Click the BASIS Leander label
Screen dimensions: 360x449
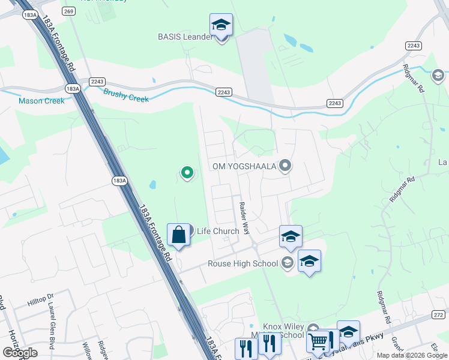[x=185, y=37]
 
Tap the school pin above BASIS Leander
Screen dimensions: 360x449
[x=221, y=25]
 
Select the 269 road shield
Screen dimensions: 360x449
[x=68, y=11]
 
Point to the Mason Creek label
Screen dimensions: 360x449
[x=41, y=101]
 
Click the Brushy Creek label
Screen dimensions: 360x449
[x=126, y=95]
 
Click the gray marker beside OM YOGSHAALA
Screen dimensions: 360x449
[x=286, y=166]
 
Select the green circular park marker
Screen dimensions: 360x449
[x=187, y=173]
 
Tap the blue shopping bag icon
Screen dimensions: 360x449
[x=179, y=235]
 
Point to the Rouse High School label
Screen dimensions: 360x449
[x=243, y=263]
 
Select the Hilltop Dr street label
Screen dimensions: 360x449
[x=41, y=300]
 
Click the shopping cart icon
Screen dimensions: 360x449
[x=317, y=341]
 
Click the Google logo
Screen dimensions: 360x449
[x=20, y=353]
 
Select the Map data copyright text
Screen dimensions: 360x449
[x=411, y=355]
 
